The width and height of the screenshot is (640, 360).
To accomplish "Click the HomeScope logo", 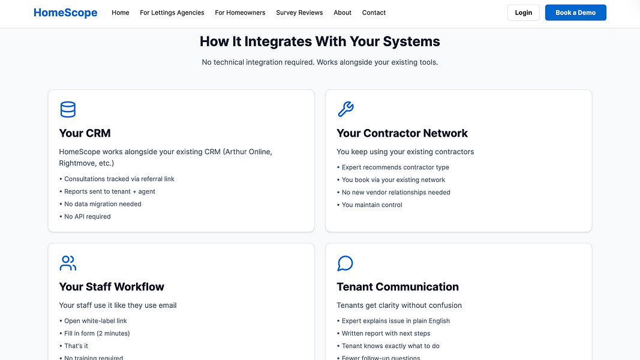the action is pos(65,13).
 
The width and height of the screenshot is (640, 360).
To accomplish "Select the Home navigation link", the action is pos(121,13).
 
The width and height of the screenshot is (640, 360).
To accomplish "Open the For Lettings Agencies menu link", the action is pos(172,13).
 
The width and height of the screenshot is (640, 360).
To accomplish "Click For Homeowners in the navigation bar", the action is pos(240,13).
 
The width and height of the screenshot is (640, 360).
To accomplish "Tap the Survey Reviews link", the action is pos(299,13).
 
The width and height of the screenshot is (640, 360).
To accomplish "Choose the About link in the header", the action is pos(342,13).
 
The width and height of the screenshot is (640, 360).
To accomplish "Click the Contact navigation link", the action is pos(374,13).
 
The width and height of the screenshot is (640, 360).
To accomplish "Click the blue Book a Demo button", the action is pos(575,13).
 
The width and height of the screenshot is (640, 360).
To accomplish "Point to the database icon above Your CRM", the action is pos(68,109).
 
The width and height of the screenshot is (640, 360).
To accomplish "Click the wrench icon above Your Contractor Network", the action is pos(345,109).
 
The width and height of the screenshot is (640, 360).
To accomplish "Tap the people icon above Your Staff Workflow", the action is pos(68,263).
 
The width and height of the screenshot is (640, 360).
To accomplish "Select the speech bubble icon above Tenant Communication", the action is pos(345,263).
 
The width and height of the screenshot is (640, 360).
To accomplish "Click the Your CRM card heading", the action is pos(85,133).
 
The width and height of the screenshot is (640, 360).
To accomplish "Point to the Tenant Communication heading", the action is pos(398,287).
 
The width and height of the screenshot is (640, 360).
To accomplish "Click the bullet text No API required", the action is pos(88,217).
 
